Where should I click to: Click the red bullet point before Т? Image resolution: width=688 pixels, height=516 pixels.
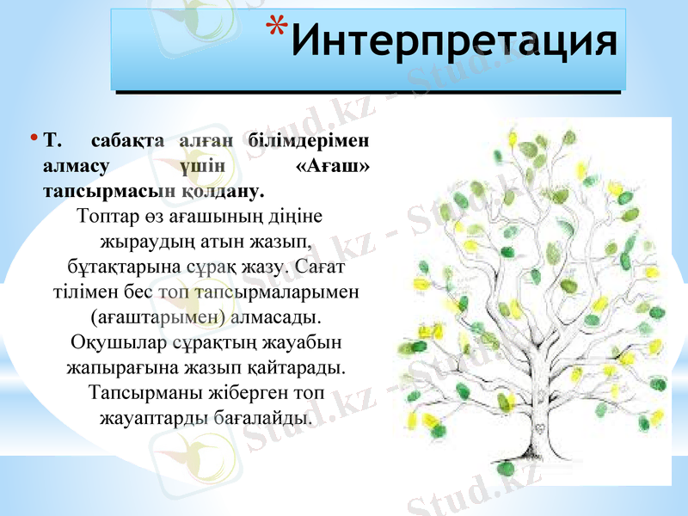[33, 138]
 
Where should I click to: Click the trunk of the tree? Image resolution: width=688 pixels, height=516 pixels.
[538, 413]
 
